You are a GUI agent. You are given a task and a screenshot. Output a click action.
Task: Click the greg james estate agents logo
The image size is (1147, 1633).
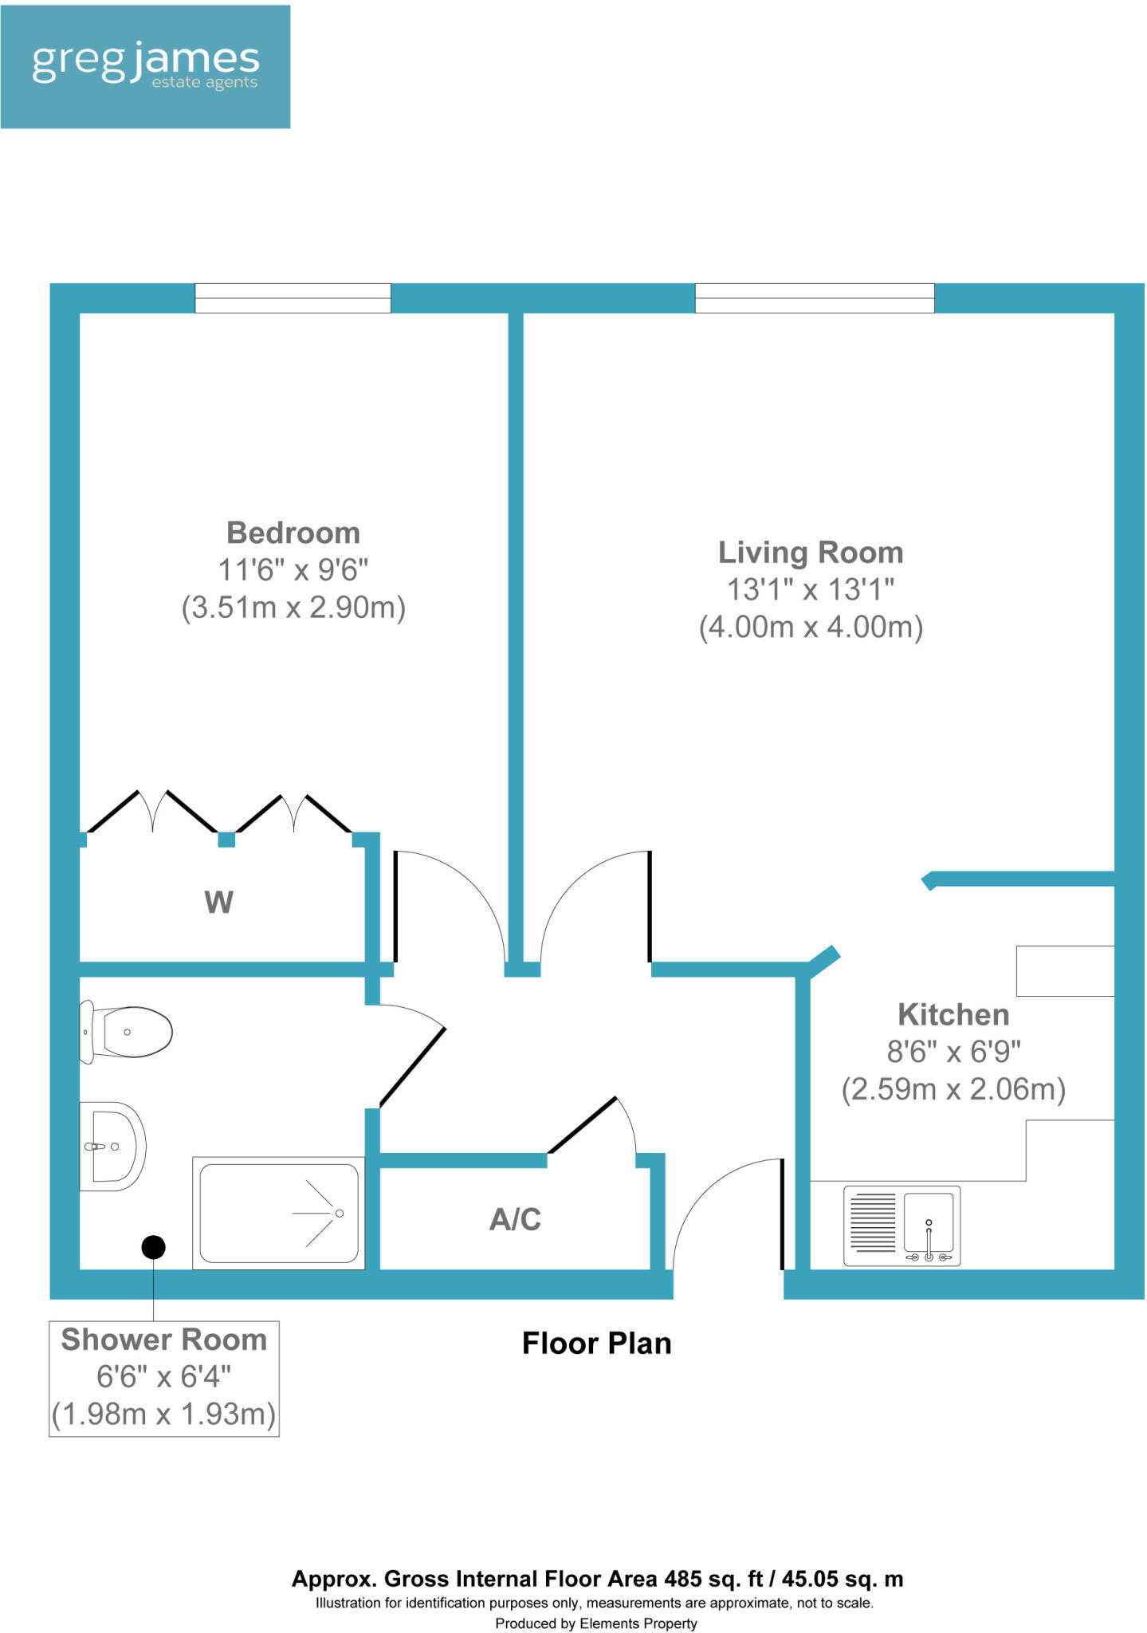tap(145, 66)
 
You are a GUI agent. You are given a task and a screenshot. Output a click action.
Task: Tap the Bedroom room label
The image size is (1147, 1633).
tap(293, 533)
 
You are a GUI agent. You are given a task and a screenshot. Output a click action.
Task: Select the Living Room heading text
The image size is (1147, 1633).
tap(811, 553)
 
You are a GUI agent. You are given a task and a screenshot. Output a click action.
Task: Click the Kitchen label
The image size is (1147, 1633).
tap(953, 1015)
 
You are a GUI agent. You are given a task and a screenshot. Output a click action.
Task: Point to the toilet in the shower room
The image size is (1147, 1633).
tap(128, 1033)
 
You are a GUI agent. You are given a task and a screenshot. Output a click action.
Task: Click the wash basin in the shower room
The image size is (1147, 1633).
tap(113, 1146)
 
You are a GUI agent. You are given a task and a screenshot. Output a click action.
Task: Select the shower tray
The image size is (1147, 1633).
tap(279, 1213)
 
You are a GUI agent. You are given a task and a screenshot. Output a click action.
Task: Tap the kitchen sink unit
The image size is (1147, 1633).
tap(902, 1226)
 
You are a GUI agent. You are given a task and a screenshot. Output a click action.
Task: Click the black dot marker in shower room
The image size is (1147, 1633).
tap(153, 1246)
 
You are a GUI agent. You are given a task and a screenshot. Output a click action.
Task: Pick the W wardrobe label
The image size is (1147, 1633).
tap(218, 903)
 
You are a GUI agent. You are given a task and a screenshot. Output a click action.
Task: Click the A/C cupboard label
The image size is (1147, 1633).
tap(515, 1219)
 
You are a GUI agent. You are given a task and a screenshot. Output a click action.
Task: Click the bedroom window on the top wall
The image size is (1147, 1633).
tap(293, 298)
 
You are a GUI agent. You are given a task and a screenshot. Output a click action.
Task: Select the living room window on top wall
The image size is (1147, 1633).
tap(814, 298)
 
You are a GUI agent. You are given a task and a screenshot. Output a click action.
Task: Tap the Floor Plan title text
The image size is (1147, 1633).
tap(596, 1344)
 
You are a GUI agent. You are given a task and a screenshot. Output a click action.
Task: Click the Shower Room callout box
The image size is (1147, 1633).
tap(164, 1379)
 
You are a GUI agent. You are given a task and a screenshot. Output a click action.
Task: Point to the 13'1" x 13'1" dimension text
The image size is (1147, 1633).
tap(811, 590)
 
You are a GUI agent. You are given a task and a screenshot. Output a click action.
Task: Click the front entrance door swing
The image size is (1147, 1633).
tap(725, 1212)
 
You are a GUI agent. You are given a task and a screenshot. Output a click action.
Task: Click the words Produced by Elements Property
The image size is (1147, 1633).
tap(596, 1623)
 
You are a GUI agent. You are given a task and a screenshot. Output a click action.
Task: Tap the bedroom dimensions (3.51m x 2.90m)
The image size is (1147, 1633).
tap(293, 608)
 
